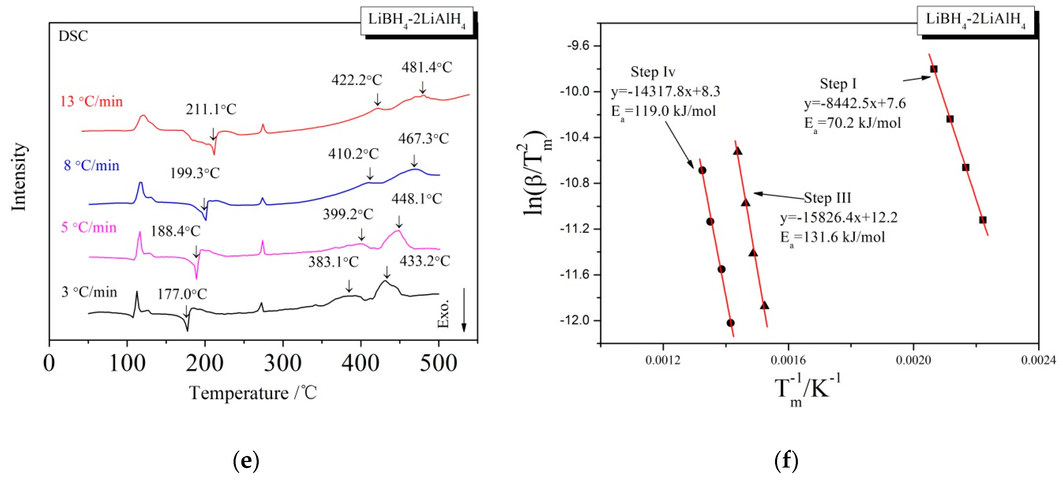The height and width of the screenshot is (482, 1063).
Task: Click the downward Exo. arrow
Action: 463,310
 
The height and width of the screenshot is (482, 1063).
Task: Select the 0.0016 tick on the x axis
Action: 788,360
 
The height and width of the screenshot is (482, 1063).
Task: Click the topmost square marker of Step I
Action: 933,69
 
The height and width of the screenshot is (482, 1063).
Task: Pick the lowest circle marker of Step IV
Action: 730,323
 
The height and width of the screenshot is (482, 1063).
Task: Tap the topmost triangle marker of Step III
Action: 738,151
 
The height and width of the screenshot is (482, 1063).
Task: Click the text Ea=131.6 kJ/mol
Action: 832,237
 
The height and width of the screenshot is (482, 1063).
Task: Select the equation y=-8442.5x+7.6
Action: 855,103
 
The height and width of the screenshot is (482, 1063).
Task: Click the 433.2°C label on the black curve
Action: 424,261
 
